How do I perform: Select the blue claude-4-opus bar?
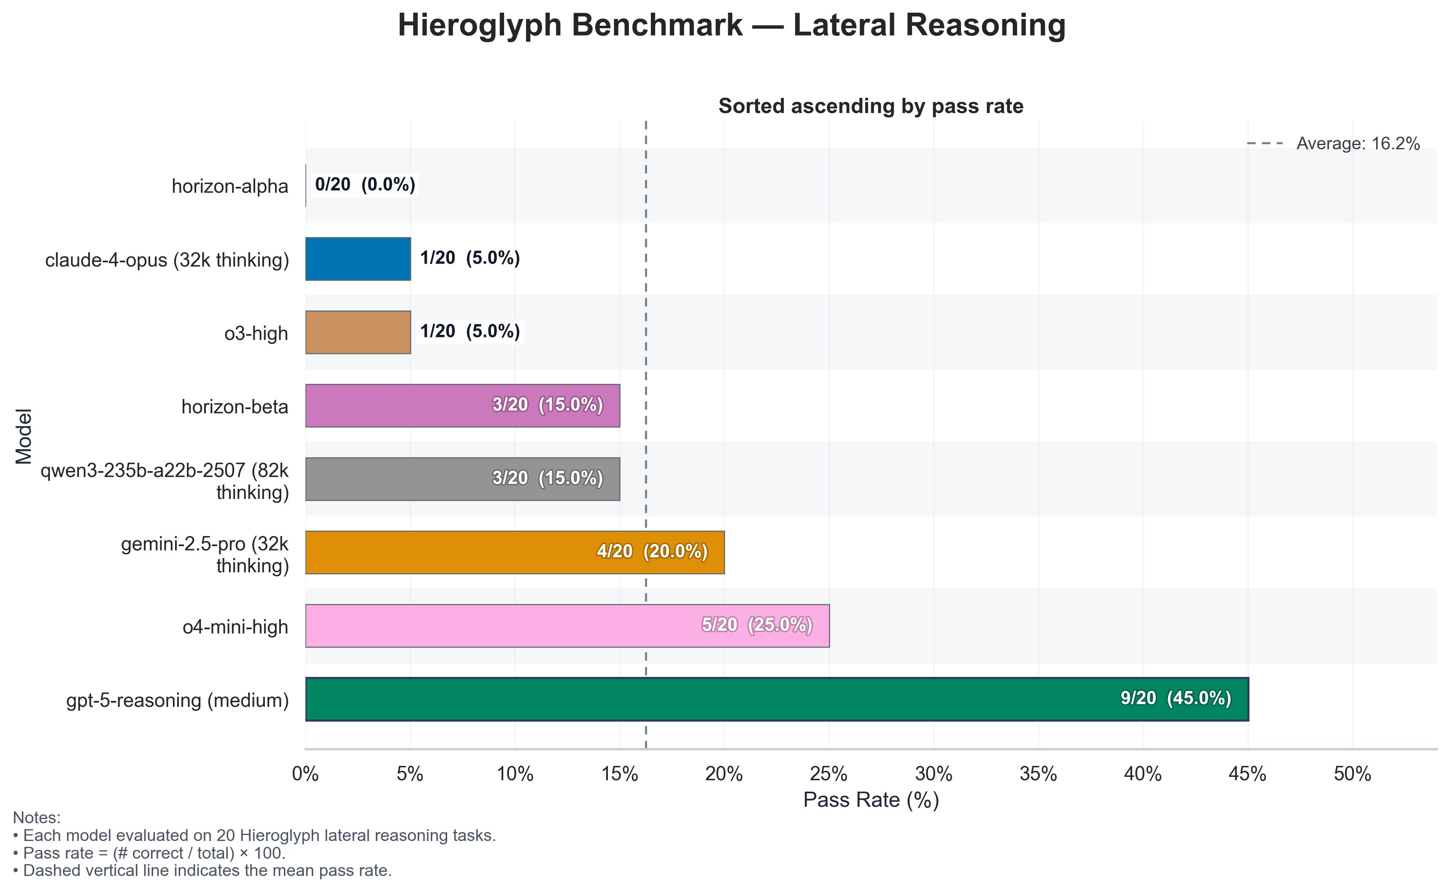(358, 259)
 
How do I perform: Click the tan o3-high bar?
(358, 332)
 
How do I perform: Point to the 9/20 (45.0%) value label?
(1175, 698)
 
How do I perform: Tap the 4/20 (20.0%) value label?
(652, 552)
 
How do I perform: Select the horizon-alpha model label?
(229, 186)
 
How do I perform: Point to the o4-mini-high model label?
(235, 627)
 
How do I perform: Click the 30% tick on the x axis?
(934, 774)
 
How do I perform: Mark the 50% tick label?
(1352, 774)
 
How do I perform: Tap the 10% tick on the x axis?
(515, 774)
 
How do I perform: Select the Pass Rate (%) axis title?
(871, 800)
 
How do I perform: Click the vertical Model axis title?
(24, 437)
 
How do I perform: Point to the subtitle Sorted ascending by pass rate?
(871, 106)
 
